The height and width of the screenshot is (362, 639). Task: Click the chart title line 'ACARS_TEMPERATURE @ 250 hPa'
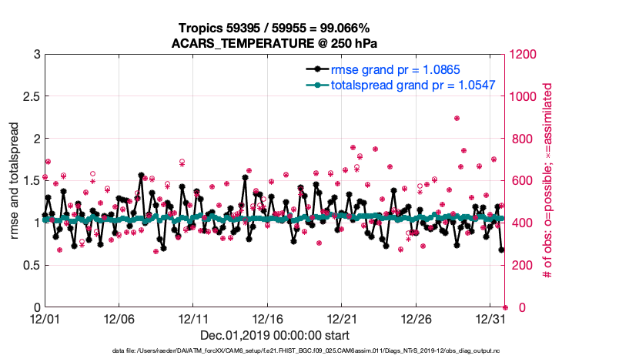coord(274,43)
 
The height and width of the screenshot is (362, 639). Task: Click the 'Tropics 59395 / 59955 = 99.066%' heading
coord(274,28)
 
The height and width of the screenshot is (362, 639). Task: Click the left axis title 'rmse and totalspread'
coord(15,181)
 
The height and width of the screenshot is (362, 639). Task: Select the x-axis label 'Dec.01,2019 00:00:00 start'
coord(274,335)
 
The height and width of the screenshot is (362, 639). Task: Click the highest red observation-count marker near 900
coord(457,119)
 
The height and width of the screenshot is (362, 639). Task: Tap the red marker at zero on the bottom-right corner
coord(505,307)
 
